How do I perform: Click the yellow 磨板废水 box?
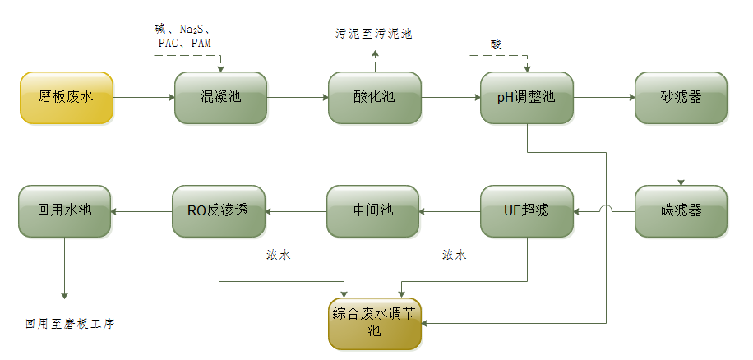click(67, 98)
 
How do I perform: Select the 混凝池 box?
click(221, 98)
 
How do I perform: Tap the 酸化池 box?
click(375, 98)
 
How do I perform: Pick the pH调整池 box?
click(527, 98)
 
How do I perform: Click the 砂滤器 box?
click(681, 98)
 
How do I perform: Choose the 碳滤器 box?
click(681, 211)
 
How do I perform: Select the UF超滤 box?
click(527, 211)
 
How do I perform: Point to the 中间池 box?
click(373, 211)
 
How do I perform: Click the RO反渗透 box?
click(219, 211)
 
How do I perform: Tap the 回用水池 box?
click(65, 211)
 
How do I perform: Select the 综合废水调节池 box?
click(375, 323)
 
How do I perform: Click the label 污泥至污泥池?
click(373, 34)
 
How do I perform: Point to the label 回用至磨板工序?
click(70, 324)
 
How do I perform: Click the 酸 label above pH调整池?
click(495, 44)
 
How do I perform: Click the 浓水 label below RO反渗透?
click(278, 256)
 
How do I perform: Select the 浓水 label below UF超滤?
click(454, 256)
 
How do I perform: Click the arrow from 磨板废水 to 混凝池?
click(144, 98)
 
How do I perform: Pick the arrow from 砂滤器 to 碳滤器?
click(681, 155)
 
